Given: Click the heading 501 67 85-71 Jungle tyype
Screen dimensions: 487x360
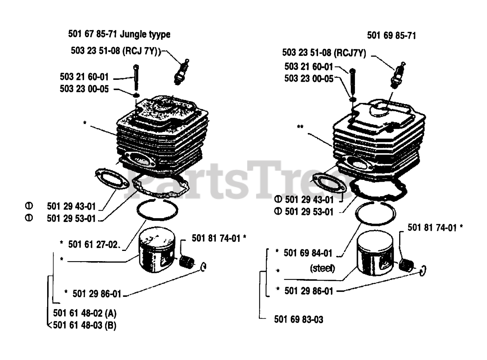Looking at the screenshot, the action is pyautogui.click(x=119, y=35).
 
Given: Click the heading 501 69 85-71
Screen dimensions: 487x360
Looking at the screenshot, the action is pyautogui.click(x=391, y=36).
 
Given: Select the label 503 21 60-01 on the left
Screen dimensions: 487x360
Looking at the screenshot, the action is pyautogui.click(x=84, y=76).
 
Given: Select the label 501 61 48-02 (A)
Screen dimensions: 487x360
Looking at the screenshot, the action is pyautogui.click(x=85, y=314).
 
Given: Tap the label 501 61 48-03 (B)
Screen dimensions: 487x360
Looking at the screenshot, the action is pyautogui.click(x=85, y=325).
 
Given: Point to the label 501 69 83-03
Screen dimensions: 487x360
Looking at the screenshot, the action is pyautogui.click(x=299, y=320).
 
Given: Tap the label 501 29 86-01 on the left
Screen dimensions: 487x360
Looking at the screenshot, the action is pyautogui.click(x=97, y=294).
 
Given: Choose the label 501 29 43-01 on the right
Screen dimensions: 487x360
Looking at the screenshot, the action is pyautogui.click(x=309, y=200).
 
